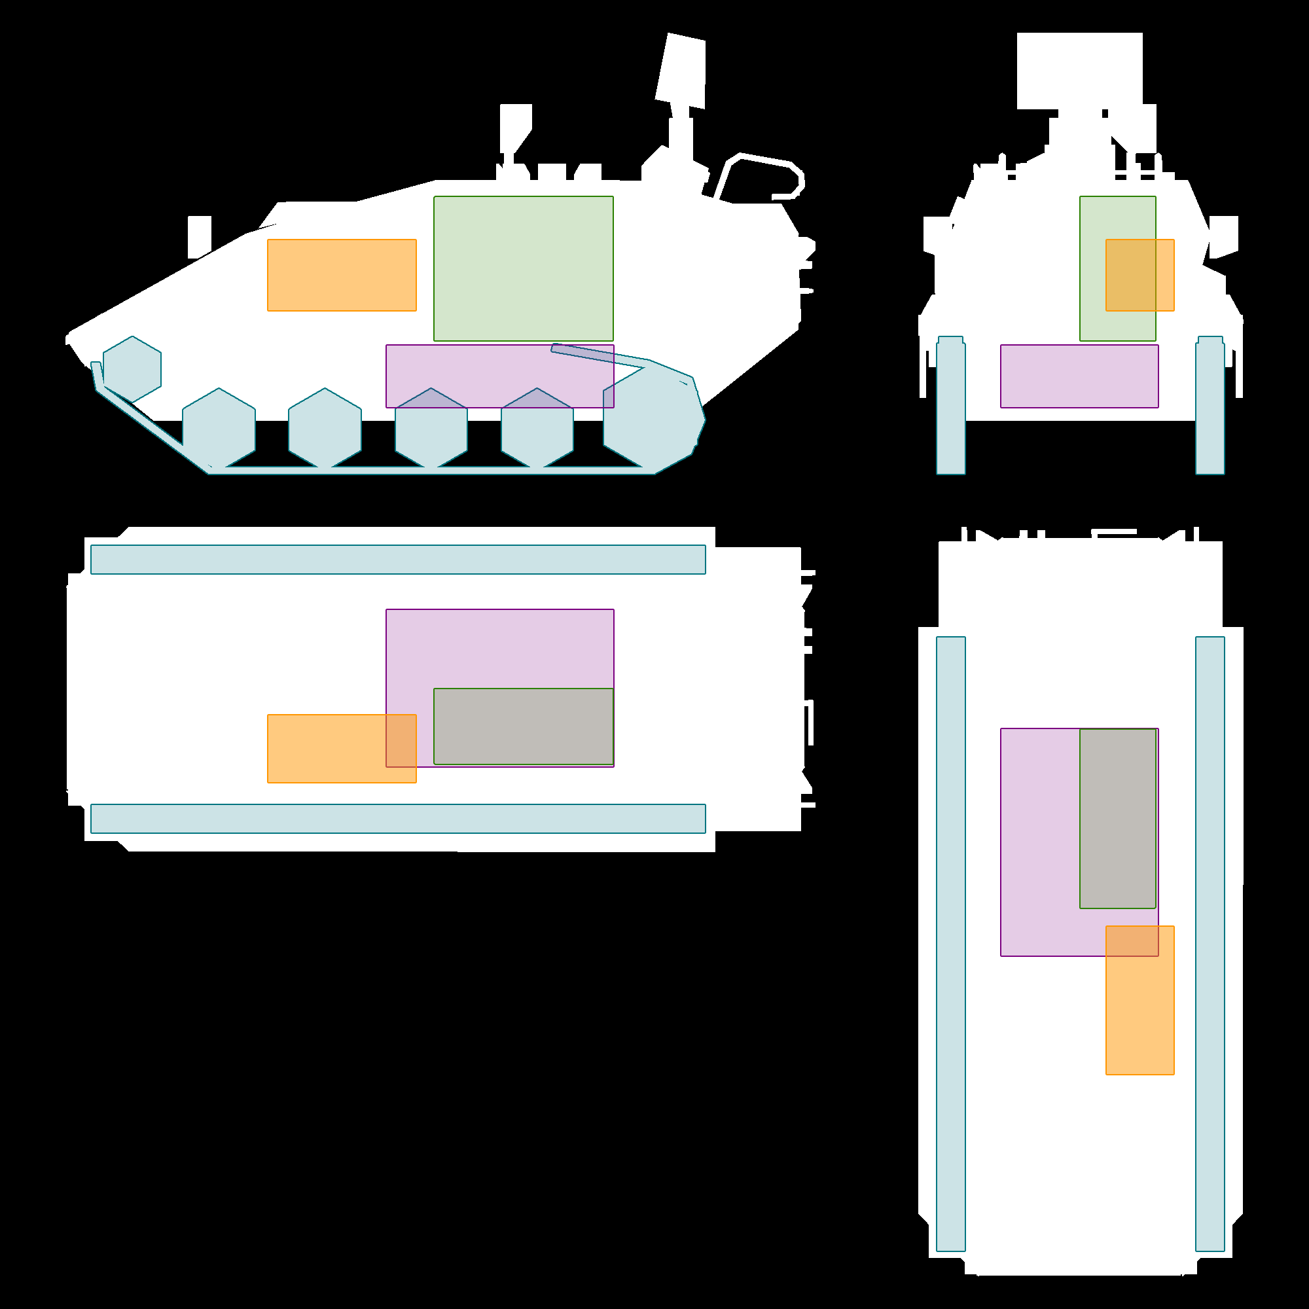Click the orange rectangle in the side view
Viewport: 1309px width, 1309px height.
pyautogui.click(x=342, y=275)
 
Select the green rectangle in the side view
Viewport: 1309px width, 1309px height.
pyautogui.click(x=523, y=268)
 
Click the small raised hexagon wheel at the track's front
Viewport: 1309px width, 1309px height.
pyautogui.click(x=132, y=369)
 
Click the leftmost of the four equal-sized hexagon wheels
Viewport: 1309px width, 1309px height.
pyautogui.click(x=219, y=428)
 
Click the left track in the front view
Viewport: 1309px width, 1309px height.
pyautogui.click(x=950, y=406)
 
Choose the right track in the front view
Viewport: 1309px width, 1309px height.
pyautogui.click(x=1210, y=406)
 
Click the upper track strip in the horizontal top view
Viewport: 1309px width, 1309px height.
pyautogui.click(x=398, y=560)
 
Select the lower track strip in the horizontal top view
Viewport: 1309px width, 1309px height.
pyautogui.click(x=398, y=819)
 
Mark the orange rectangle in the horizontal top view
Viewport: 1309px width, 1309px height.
pyautogui.click(x=325, y=749)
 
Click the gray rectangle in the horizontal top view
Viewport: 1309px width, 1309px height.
pyautogui.click(x=523, y=726)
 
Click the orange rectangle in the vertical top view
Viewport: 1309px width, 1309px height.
pyautogui.click(x=1139, y=1016)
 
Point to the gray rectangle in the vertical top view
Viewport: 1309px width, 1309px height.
pyautogui.click(x=1118, y=819)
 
